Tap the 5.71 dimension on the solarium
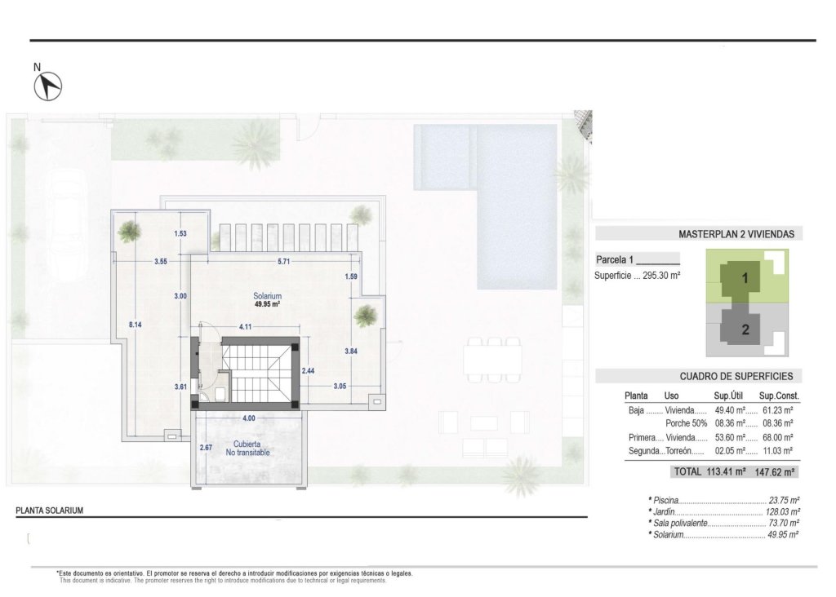coord(283,262)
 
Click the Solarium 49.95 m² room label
coord(267,300)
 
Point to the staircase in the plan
coord(256,370)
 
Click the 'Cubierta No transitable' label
coord(248,448)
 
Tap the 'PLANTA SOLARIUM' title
coord(50,511)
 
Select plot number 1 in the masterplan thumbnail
coord(745,278)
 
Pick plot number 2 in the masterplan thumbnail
coord(745,330)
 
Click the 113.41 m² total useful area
coord(729,471)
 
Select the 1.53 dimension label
coord(180,234)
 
